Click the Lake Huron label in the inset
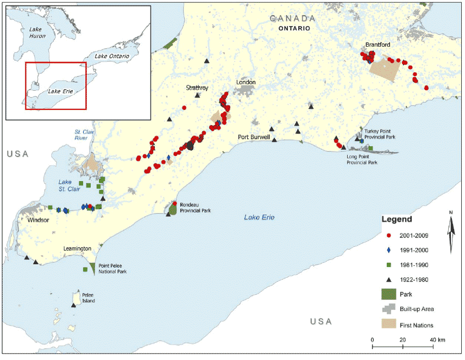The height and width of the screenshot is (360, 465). click(x=34, y=31)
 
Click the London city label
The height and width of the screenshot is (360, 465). click(x=245, y=83)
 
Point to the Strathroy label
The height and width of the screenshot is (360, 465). click(x=197, y=88)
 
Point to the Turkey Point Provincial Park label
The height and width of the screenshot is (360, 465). click(x=385, y=134)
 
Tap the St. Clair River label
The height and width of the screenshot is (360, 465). click(x=84, y=135)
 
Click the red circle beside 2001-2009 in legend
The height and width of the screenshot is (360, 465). click(x=388, y=235)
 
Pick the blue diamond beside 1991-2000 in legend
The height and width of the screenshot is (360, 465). click(x=388, y=250)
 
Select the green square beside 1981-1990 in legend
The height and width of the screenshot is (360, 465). click(x=388, y=265)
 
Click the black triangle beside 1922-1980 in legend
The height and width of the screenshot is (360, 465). click(x=388, y=280)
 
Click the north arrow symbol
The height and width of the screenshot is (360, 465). click(x=451, y=234)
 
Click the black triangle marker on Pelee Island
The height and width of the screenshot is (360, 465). click(x=73, y=305)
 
